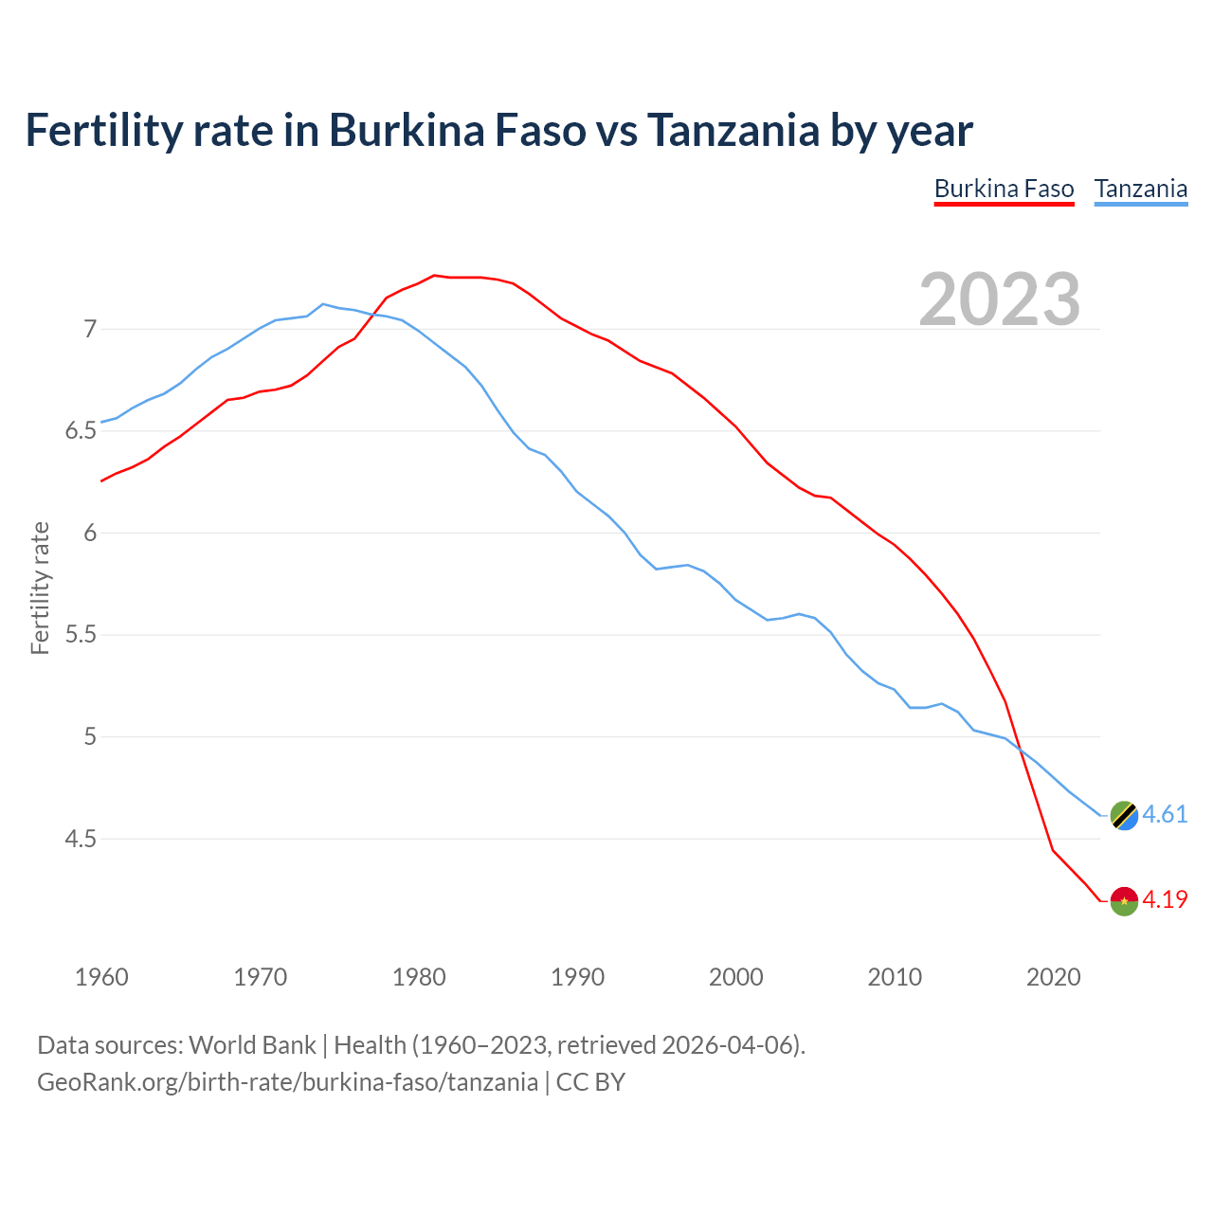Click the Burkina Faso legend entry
tap(1004, 189)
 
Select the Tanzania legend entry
tap(1140, 189)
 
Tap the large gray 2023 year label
tap(999, 299)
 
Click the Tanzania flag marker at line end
tap(1124, 815)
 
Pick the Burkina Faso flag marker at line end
tap(1124, 900)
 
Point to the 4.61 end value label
tap(1165, 815)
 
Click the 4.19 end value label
tap(1165, 899)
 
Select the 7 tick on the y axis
tap(90, 330)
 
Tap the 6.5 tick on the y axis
tap(81, 431)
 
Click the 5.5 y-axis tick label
tap(81, 635)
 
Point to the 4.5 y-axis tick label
tap(81, 839)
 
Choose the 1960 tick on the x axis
tap(101, 977)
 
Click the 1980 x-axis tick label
tap(419, 977)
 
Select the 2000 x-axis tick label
tap(736, 977)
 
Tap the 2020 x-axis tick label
tap(1053, 977)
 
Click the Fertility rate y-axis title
tap(40, 588)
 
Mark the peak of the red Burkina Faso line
tap(434, 276)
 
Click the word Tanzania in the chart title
tap(733, 130)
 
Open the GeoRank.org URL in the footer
tap(287, 1082)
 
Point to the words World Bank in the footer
tap(252, 1045)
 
